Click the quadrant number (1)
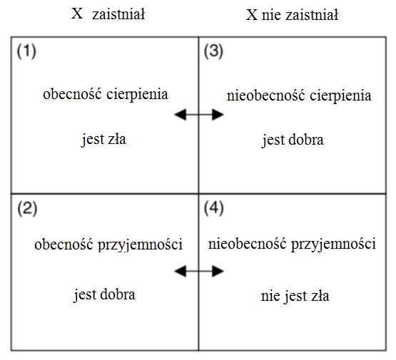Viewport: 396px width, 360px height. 26,51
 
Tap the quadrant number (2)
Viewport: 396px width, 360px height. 27,209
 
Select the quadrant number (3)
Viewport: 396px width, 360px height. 213,51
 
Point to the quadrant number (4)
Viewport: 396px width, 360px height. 213,208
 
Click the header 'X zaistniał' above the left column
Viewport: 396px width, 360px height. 108,14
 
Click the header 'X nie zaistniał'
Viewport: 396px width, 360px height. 292,15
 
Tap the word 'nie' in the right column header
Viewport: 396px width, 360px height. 271,16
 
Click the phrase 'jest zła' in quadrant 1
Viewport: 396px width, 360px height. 103,140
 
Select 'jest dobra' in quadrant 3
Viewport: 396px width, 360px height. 293,140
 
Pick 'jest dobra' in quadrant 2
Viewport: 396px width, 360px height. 104,294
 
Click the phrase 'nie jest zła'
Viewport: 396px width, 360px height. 295,296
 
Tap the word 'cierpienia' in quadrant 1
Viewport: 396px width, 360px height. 137,95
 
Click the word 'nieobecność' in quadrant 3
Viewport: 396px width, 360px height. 265,96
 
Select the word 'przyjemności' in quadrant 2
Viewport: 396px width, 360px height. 140,245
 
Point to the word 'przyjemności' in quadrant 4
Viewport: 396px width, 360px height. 334,245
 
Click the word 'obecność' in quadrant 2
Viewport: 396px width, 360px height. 64,245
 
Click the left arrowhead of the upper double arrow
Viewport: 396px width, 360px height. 180,115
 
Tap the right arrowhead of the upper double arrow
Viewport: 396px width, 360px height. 218,115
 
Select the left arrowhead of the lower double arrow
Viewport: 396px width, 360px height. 180,271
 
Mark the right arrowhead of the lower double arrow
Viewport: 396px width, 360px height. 218,271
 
